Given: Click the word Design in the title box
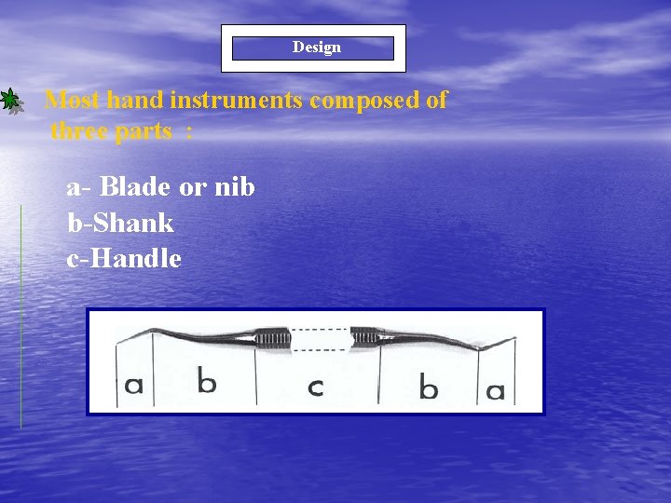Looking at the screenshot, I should pos(316,48).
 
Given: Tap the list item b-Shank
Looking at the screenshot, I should pos(120,224).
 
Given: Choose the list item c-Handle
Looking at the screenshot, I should pos(124,259).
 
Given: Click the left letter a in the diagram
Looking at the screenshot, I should pos(134,385).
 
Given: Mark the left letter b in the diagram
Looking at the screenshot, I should pos(207,380).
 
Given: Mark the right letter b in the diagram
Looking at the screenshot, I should pos(428,387).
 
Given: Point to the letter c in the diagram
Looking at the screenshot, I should pos(316,385).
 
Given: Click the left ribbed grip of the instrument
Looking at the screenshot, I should pos(273,338).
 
